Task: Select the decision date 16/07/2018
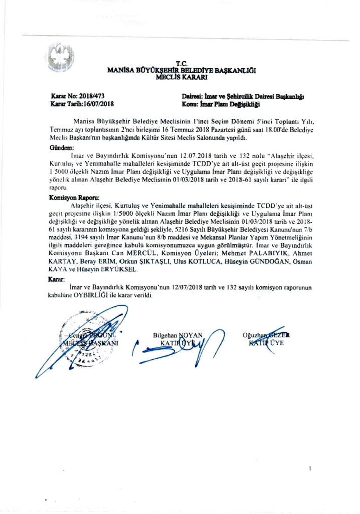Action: [100, 104]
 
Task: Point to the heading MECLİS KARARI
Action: [182, 77]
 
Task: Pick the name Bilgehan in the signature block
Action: [167, 335]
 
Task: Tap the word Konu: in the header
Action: [191, 104]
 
